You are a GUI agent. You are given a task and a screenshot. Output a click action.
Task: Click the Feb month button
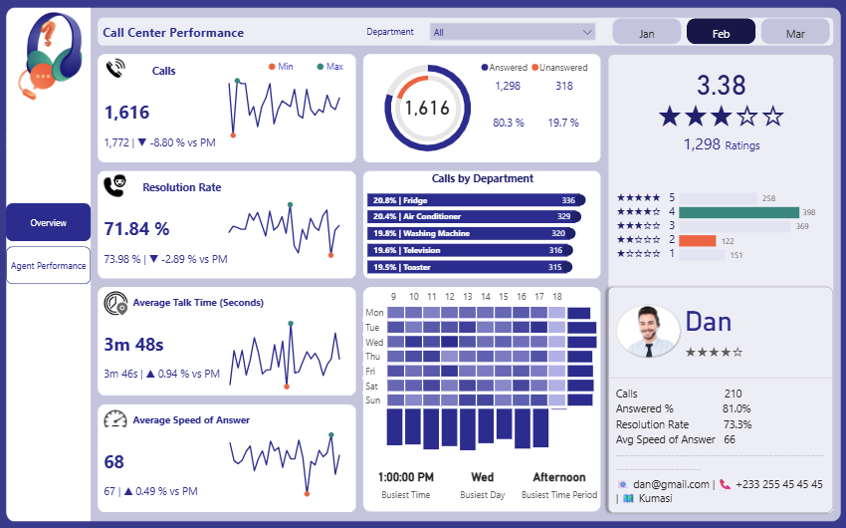pyautogui.click(x=721, y=33)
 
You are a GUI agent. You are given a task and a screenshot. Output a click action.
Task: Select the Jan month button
pyautogui.click(x=646, y=33)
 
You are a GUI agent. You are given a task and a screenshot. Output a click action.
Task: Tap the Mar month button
pyautogui.click(x=795, y=33)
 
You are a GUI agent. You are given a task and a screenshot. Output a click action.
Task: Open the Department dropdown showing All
pyautogui.click(x=512, y=32)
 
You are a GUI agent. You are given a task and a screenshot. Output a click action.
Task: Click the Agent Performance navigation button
pyautogui.click(x=48, y=266)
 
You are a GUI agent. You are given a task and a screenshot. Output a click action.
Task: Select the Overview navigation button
pyautogui.click(x=48, y=222)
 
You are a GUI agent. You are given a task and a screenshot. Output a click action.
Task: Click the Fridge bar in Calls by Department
pyautogui.click(x=476, y=200)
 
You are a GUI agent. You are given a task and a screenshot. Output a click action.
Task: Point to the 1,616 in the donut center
pyautogui.click(x=428, y=109)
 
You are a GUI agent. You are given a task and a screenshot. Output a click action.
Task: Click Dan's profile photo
pyautogui.click(x=648, y=332)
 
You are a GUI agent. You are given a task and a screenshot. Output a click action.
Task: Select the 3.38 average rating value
pyautogui.click(x=721, y=84)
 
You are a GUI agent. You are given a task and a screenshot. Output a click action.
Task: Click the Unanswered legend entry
pyautogui.click(x=560, y=68)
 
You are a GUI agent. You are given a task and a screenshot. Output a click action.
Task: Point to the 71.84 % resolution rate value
pyautogui.click(x=136, y=229)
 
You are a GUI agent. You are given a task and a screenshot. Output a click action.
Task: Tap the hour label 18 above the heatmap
pyautogui.click(x=557, y=297)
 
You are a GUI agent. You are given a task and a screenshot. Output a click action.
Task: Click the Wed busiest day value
pyautogui.click(x=482, y=477)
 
